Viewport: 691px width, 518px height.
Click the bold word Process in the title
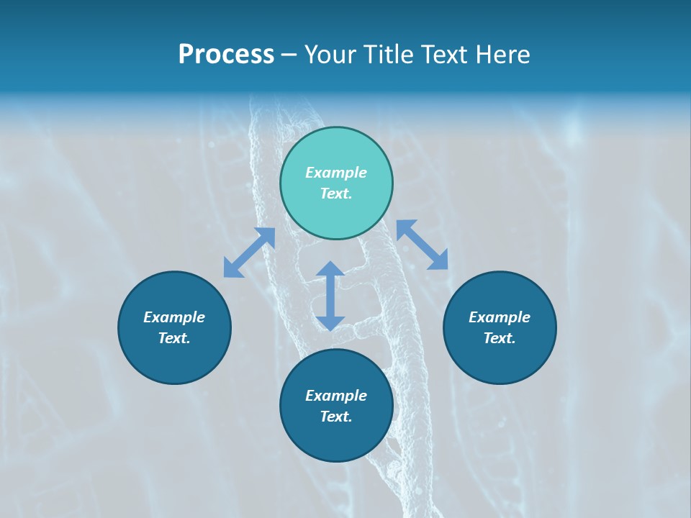click(x=226, y=55)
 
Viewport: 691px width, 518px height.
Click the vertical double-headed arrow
click(x=330, y=296)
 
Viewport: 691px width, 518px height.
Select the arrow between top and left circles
click(x=249, y=253)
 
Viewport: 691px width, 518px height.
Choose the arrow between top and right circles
click(x=423, y=245)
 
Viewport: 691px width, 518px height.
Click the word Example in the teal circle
click(x=336, y=173)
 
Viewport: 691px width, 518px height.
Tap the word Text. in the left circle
click(x=174, y=338)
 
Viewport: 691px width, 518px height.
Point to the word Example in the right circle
click(x=500, y=317)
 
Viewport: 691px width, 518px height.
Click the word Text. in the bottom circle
click(x=336, y=417)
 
